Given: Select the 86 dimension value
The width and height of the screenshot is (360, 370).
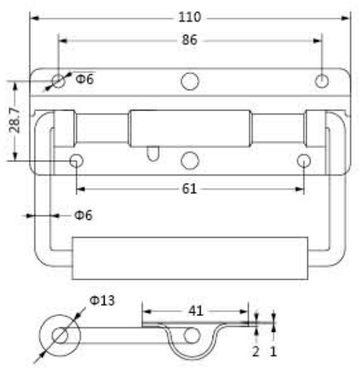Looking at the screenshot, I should point(190,40).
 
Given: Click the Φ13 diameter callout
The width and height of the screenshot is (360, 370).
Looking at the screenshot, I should point(102,301).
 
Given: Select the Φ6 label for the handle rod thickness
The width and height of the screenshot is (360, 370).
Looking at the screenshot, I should point(83,215).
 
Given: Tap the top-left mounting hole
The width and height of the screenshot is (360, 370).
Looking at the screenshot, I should point(59,81).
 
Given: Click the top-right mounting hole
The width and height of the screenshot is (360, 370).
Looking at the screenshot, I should point(322,81).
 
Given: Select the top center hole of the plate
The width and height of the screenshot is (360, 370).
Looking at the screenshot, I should point(190,81).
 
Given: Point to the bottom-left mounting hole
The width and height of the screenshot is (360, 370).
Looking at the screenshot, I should point(76,160).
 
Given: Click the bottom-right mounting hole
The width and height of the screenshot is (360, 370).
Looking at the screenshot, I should point(303,160).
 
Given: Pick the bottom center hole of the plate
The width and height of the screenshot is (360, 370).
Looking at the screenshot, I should point(190,160).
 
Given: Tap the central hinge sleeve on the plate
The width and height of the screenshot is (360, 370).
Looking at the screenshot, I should point(190,128).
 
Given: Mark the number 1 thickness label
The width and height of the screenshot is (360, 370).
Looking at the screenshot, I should point(274,351).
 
